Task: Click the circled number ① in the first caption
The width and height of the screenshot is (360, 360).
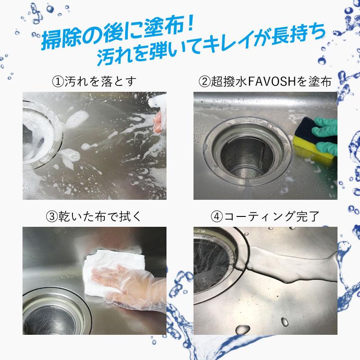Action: pyautogui.click(x=58, y=82)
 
